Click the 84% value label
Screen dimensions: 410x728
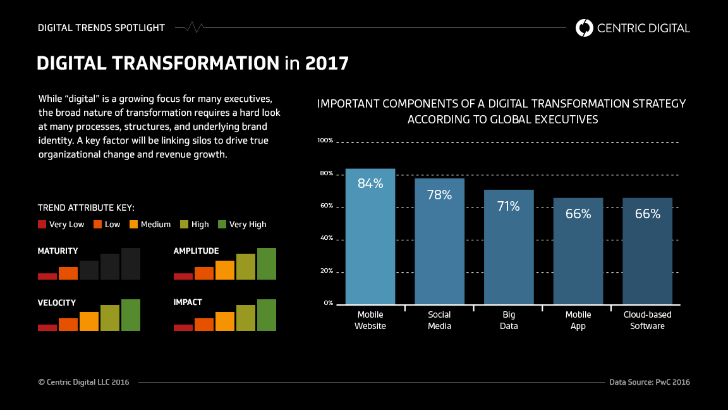(x=370, y=183)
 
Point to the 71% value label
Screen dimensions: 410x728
(x=508, y=206)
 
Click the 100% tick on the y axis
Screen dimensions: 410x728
(x=325, y=140)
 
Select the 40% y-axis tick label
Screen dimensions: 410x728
(x=326, y=239)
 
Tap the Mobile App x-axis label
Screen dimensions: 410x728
(x=578, y=320)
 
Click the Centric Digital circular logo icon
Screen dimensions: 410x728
(x=585, y=28)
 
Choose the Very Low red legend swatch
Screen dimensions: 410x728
(x=42, y=224)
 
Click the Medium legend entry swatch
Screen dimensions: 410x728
(x=134, y=224)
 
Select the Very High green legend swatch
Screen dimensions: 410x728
(x=222, y=224)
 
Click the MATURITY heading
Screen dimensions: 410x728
(x=58, y=251)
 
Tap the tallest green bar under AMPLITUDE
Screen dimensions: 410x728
(x=267, y=264)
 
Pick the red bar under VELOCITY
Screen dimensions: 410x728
(x=47, y=328)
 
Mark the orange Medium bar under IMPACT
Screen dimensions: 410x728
(x=225, y=321)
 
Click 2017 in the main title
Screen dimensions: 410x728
(x=327, y=63)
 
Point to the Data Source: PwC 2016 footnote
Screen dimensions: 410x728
(x=650, y=382)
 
